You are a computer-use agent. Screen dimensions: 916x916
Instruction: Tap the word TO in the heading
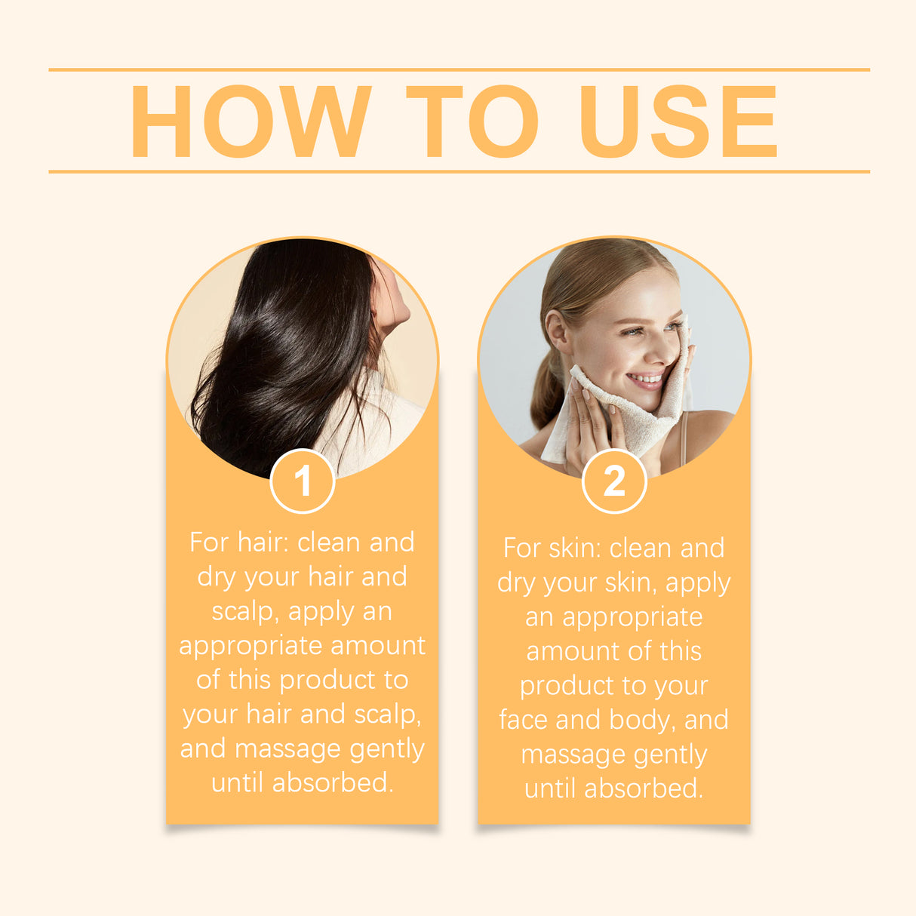tap(472, 121)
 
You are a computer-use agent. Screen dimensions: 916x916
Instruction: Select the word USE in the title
tap(678, 121)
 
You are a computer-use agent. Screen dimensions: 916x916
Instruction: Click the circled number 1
tap(303, 481)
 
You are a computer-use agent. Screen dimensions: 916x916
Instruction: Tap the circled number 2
tap(614, 481)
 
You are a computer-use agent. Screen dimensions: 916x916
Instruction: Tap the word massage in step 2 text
tap(572, 755)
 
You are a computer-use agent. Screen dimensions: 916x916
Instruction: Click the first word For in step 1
tap(209, 543)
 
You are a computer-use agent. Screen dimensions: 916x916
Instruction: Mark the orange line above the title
tap(459, 69)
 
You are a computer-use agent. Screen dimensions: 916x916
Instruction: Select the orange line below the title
tap(459, 171)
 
